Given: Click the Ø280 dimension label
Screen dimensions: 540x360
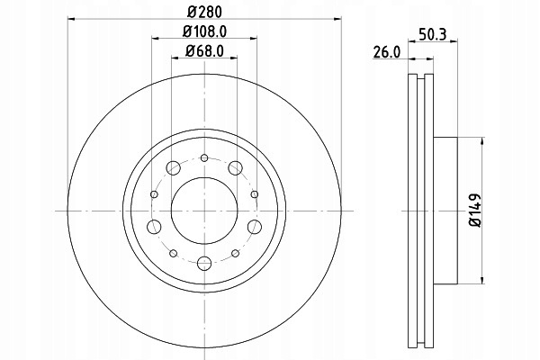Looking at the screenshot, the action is (204, 12).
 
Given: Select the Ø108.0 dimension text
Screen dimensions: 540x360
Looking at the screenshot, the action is (204, 31).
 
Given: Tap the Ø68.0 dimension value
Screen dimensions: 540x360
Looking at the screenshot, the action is (204, 51).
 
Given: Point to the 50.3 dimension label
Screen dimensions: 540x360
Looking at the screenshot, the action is (433, 34).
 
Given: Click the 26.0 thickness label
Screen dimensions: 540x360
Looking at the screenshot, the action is (387, 53).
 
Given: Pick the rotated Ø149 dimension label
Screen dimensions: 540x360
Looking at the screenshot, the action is (475, 210).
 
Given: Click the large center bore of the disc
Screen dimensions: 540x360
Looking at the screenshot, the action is (204, 211).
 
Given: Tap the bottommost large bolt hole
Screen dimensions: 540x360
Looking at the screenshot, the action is (204, 264).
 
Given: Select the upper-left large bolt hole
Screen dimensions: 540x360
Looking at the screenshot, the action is (173, 167).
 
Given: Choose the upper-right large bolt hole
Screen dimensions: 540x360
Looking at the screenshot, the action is (236, 167).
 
